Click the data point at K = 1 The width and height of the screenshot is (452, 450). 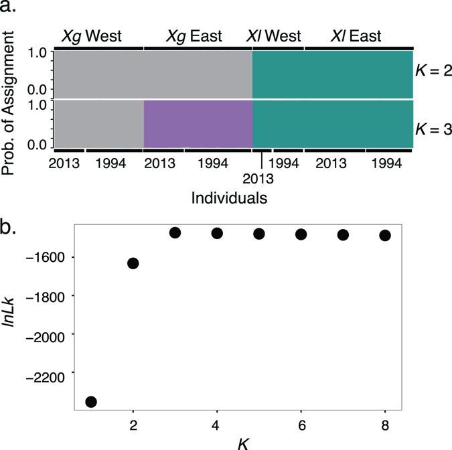[x=91, y=402]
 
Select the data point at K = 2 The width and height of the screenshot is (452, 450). [x=133, y=263]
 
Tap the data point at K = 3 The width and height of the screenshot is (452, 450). [x=175, y=232]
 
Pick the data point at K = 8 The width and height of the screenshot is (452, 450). [x=385, y=235]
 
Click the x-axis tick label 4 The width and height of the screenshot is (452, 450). [x=217, y=425]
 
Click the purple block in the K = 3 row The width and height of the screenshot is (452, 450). [x=198, y=124]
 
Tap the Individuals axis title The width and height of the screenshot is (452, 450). [x=230, y=199]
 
